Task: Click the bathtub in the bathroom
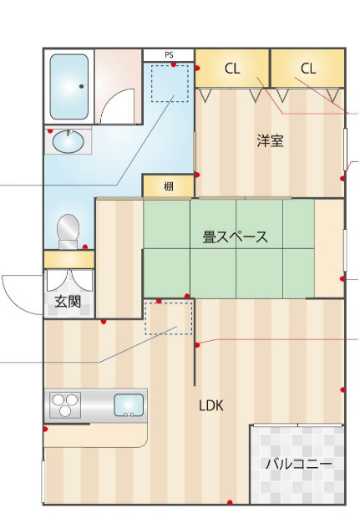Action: point(69,87)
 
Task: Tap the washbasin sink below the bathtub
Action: point(68,143)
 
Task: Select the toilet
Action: point(68,230)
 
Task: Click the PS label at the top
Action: point(169,55)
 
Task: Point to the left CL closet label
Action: point(232,69)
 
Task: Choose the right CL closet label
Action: point(308,69)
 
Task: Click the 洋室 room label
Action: point(270,140)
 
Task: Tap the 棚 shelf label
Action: point(169,186)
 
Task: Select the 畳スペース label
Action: point(236,237)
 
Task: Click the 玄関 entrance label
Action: point(68,302)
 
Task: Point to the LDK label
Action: point(211,405)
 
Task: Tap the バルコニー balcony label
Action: point(298,464)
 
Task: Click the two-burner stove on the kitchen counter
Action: point(64,405)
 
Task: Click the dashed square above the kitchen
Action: point(169,318)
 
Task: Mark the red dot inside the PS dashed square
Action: point(174,66)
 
